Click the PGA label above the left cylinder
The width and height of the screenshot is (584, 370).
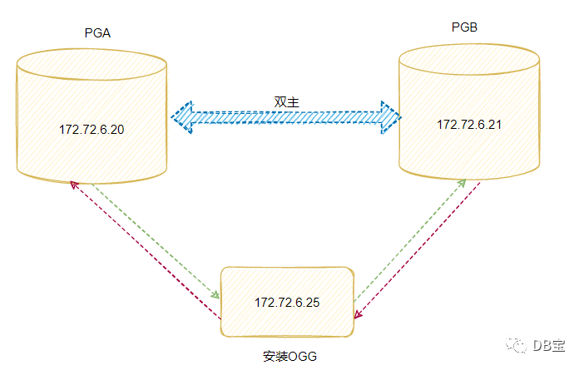[98, 33]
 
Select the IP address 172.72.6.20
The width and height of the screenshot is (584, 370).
[92, 131]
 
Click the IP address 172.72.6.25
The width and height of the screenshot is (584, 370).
[287, 302]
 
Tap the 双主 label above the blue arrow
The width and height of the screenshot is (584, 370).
[286, 101]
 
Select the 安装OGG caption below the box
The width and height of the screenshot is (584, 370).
[290, 356]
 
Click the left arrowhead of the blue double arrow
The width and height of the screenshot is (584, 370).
[181, 117]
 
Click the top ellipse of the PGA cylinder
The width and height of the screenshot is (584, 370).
[92, 65]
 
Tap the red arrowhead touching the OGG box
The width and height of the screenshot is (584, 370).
[358, 314]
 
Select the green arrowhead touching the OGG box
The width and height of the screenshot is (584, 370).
[215, 295]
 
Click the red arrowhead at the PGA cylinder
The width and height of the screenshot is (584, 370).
[73, 184]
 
